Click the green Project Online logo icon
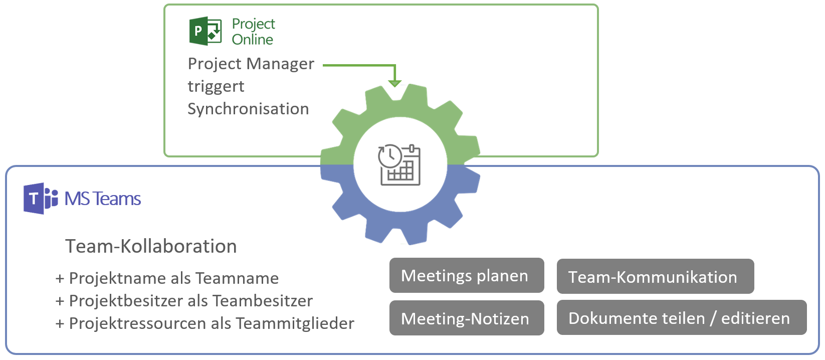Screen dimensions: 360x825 [205, 31]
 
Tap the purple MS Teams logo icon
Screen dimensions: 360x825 [40, 199]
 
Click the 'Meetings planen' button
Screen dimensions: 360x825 [466, 275]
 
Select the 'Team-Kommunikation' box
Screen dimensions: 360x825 [655, 276]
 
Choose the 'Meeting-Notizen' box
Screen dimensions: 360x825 [466, 318]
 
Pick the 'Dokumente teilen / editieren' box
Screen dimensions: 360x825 [681, 318]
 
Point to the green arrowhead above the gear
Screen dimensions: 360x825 [395, 83]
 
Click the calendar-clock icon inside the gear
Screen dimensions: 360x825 [399, 165]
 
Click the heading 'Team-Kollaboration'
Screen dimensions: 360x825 [151, 246]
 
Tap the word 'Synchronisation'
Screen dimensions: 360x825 [248, 109]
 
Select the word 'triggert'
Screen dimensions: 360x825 [216, 86]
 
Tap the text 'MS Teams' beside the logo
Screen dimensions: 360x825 [103, 199]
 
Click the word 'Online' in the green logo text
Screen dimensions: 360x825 [252, 40]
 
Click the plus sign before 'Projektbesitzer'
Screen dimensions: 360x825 [60, 301]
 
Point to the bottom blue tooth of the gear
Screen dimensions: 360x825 [396, 236]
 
